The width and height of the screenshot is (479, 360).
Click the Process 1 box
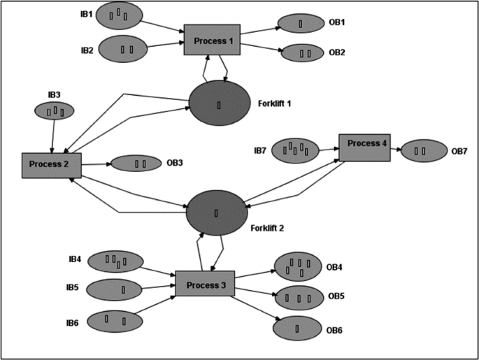[x=212, y=40]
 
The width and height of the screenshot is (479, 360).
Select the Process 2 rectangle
[x=51, y=165]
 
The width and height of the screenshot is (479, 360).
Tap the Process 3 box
[x=204, y=283]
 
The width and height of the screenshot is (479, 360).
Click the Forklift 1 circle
[x=220, y=104]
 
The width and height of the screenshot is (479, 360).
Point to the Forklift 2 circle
[x=216, y=212]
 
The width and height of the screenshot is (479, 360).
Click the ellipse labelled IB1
[x=118, y=14]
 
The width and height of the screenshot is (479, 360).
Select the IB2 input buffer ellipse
[x=123, y=49]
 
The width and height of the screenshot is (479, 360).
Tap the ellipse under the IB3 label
[x=54, y=110]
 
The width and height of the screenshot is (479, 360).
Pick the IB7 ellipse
[x=294, y=150]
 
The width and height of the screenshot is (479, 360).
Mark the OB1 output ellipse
[x=301, y=24]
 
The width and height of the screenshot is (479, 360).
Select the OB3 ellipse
[x=136, y=164]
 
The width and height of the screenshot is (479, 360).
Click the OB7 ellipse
[x=423, y=150]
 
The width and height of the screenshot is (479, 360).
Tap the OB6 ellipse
[x=296, y=327]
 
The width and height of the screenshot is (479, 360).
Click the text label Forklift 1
[x=273, y=103]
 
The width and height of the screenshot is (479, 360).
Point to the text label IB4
[x=75, y=259]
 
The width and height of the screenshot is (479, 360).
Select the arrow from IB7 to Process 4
[x=329, y=149]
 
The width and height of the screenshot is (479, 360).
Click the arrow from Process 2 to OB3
[x=95, y=164]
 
